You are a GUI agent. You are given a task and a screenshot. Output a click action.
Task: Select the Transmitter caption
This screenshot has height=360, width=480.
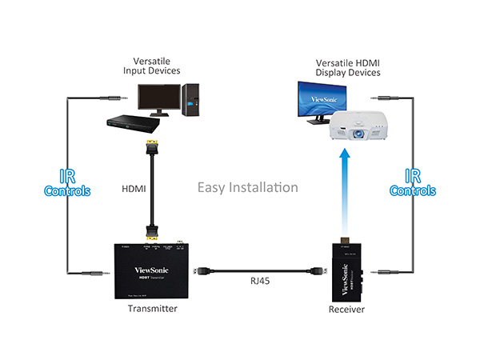[153, 308]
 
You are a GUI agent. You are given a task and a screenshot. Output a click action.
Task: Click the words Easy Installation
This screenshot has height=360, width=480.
[248, 188]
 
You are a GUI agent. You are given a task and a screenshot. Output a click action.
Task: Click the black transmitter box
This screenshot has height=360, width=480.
[153, 268]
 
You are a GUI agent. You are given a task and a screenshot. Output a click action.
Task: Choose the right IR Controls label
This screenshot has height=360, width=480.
[412, 183]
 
